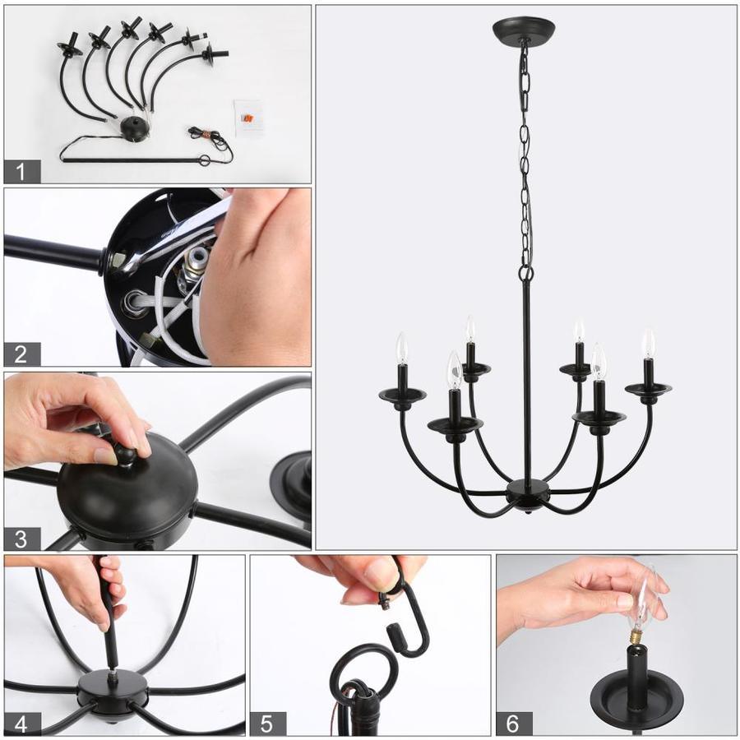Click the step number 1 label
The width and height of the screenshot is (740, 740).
(x=22, y=171)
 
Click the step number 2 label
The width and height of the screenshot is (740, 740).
(x=22, y=354)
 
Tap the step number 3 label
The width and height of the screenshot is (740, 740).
(x=22, y=539)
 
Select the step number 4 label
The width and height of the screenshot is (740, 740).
(x=22, y=724)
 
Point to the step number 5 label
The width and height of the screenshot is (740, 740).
(x=267, y=724)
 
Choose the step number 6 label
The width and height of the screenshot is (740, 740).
(x=514, y=724)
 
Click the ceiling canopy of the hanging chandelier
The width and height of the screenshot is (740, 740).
(x=524, y=30)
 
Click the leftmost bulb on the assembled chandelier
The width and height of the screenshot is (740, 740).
(x=401, y=348)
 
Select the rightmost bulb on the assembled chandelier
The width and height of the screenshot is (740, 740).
(x=649, y=343)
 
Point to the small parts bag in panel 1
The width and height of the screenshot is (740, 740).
(x=247, y=118)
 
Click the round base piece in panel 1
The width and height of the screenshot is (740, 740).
(x=135, y=128)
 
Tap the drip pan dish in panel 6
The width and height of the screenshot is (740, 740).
(x=637, y=697)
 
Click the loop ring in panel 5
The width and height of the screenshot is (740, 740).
(x=363, y=668)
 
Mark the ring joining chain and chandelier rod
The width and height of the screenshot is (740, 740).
(x=526, y=273)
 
